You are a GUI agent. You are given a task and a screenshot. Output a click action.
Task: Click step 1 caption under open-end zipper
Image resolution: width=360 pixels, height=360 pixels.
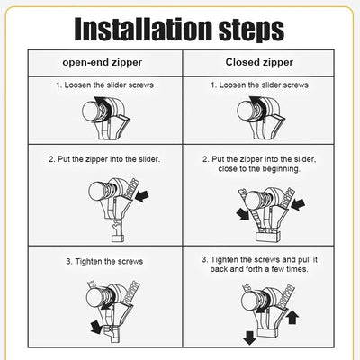tap(103, 85)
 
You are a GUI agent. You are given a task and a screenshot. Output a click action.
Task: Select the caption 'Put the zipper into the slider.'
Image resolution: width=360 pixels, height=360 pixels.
tap(103, 158)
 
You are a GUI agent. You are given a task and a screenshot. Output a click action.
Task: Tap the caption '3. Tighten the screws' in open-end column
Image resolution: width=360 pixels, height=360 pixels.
tap(103, 261)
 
